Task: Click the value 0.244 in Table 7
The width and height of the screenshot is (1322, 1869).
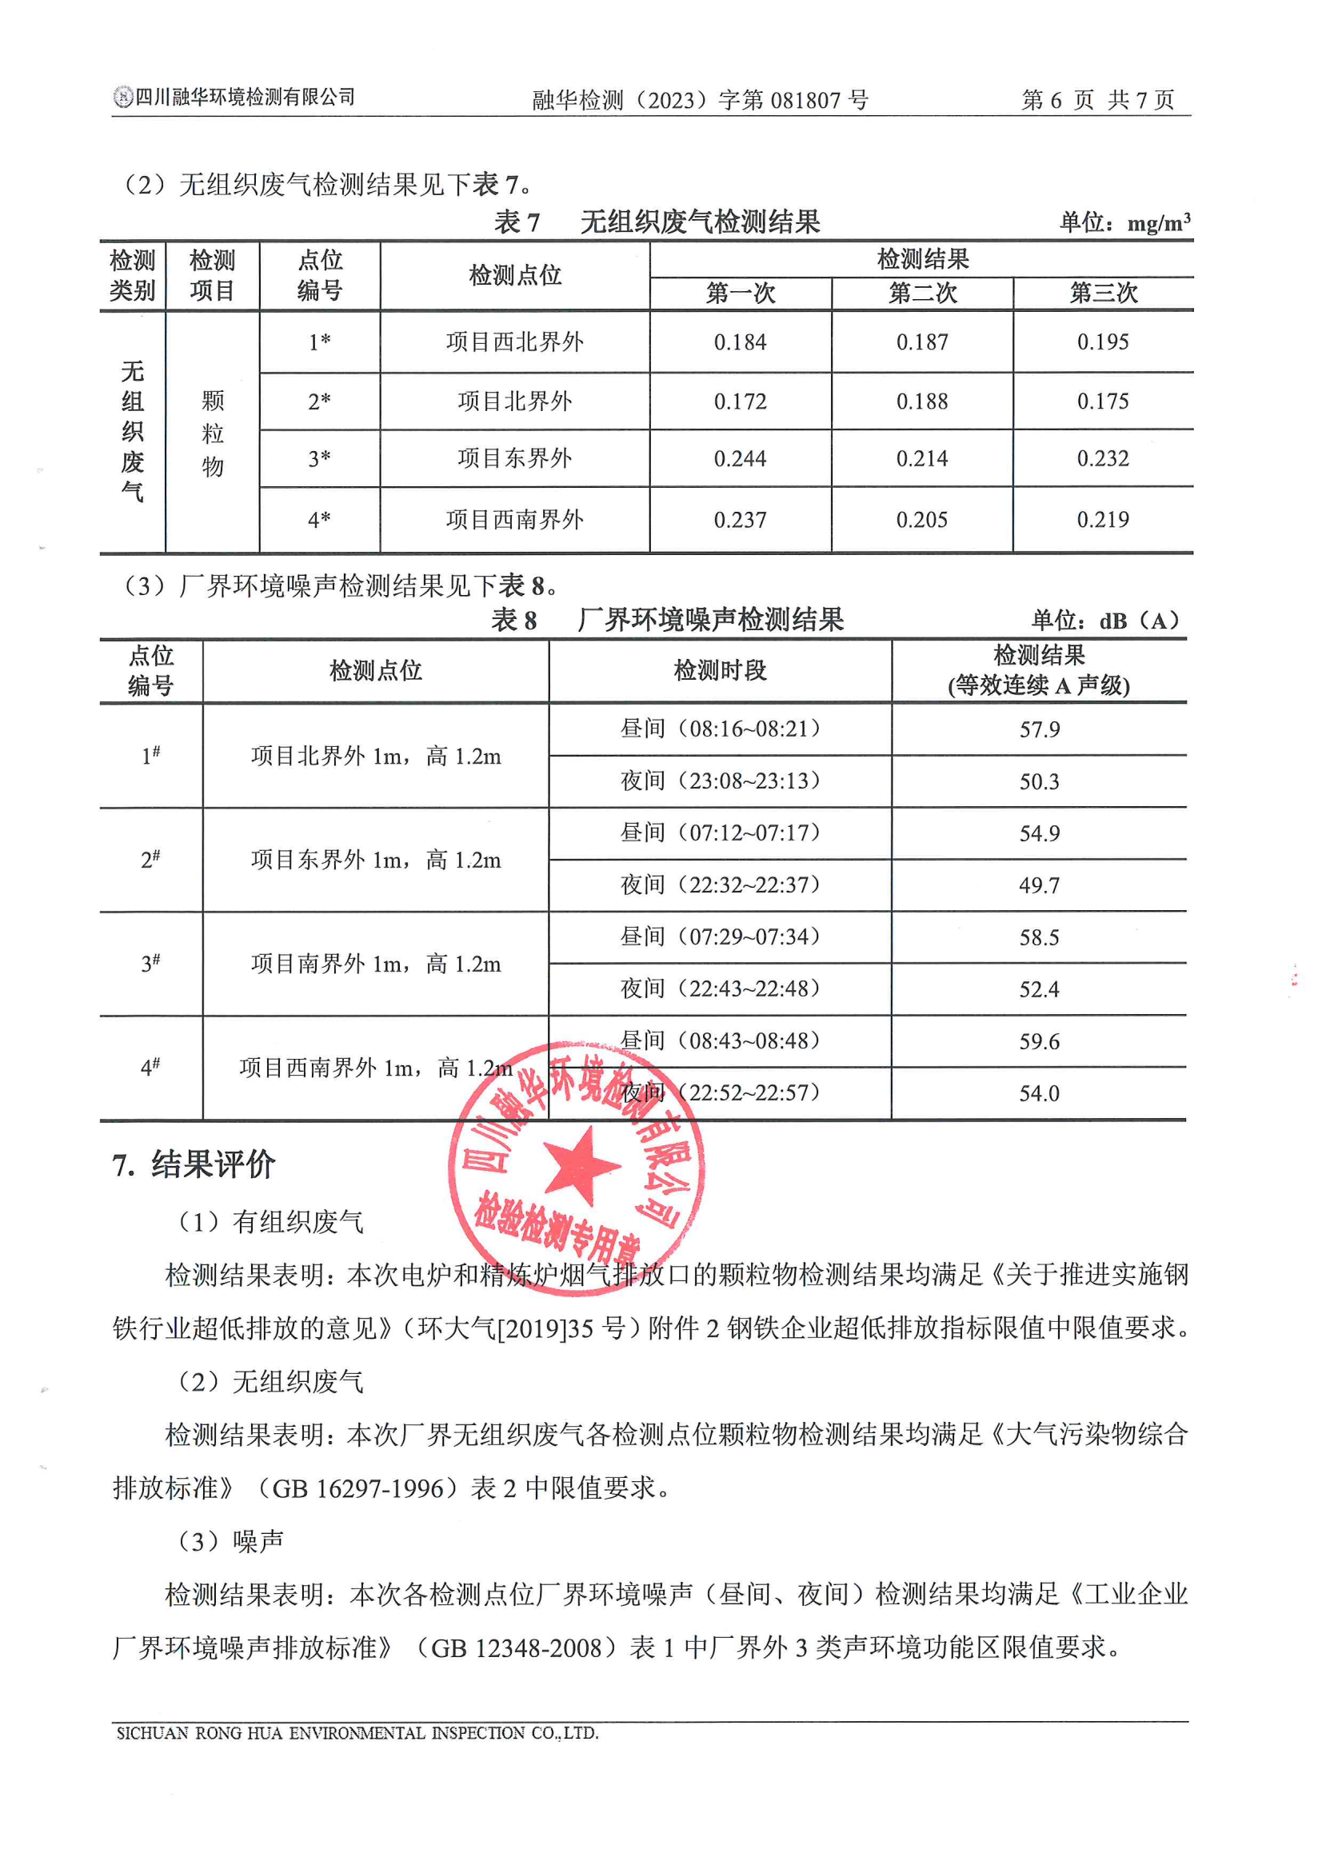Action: pyautogui.click(x=740, y=459)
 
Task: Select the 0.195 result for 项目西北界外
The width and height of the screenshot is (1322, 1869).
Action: pyautogui.click(x=1103, y=342)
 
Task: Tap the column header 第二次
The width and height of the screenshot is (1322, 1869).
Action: pyautogui.click(x=922, y=293)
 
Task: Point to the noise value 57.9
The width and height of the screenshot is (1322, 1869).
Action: pyautogui.click(x=1040, y=729)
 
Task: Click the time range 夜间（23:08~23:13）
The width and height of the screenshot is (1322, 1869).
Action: pyautogui.click(x=721, y=781)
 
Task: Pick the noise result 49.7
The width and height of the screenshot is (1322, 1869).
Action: pyautogui.click(x=1040, y=885)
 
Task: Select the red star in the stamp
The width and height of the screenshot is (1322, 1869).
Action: pyautogui.click(x=581, y=1166)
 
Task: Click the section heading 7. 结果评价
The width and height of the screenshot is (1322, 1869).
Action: pyautogui.click(x=194, y=1165)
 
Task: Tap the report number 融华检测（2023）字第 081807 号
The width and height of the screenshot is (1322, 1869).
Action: pyautogui.click(x=700, y=100)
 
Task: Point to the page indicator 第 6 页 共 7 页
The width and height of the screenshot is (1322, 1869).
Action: pyautogui.click(x=1098, y=100)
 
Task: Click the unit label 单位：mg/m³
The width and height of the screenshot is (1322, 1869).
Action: pyautogui.click(x=1124, y=222)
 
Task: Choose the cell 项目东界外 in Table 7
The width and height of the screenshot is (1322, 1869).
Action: pyautogui.click(x=514, y=459)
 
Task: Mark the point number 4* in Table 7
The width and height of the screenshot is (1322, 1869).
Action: pyautogui.click(x=319, y=519)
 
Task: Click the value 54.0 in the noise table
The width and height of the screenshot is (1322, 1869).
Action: pyautogui.click(x=1040, y=1093)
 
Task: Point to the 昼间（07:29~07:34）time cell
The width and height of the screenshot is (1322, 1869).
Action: pyautogui.click(x=721, y=937)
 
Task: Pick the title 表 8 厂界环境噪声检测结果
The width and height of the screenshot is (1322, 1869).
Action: pyautogui.click(x=668, y=621)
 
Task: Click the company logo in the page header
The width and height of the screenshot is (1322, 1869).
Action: pyautogui.click(x=123, y=98)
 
